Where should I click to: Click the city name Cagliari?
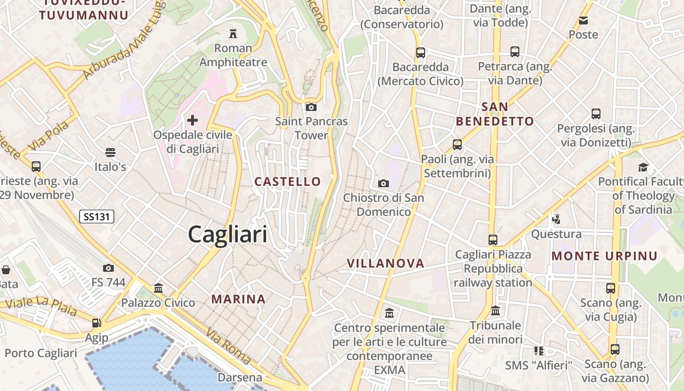click(228, 235)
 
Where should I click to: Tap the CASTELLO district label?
click(288, 182)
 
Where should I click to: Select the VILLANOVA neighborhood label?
click(385, 263)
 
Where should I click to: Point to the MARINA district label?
click(238, 299)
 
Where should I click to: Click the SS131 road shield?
click(97, 217)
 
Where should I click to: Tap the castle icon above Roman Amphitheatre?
click(233, 34)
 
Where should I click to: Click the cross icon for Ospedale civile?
click(192, 120)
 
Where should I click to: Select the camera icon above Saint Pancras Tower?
click(311, 107)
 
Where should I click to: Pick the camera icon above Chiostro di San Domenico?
click(384, 183)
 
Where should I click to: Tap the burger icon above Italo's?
click(110, 152)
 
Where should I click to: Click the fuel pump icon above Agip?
click(96, 323)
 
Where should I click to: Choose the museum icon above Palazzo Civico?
click(158, 288)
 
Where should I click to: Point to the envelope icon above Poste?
click(583, 21)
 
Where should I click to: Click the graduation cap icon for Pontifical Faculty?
click(643, 167)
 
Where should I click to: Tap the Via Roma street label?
click(228, 347)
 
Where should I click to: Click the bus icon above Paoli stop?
click(457, 145)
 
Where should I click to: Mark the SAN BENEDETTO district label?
click(494, 114)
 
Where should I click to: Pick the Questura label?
click(556, 234)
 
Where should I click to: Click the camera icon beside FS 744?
click(108, 268)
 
